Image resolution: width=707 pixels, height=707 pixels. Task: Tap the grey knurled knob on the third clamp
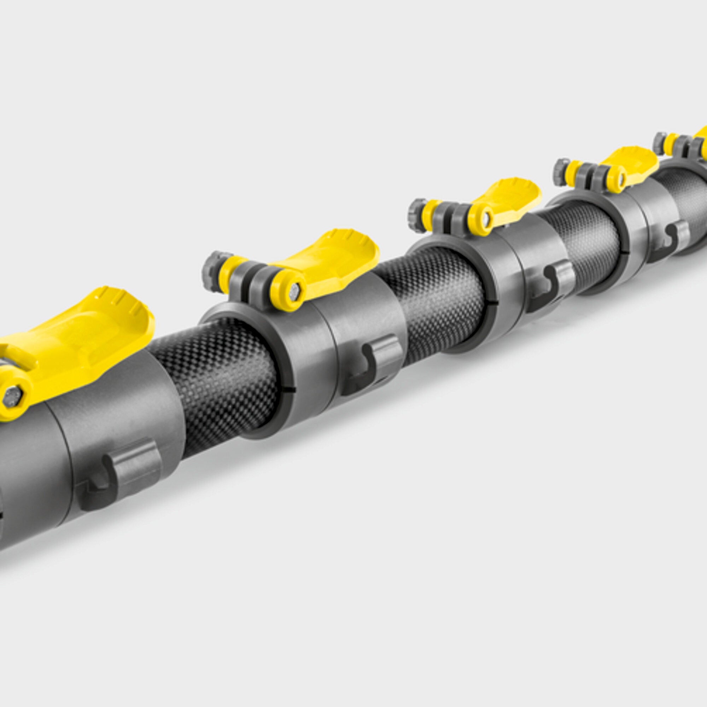pos(416,212)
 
